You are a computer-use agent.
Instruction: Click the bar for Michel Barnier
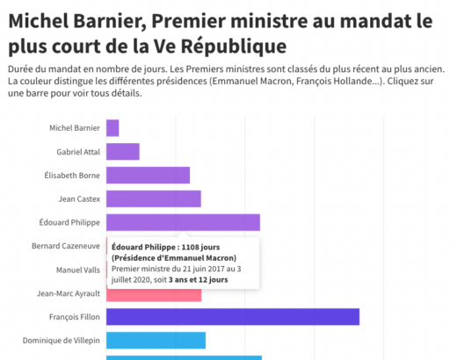[x=112, y=128]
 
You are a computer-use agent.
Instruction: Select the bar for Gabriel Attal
[x=123, y=152]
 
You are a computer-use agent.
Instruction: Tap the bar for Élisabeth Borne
[x=148, y=175]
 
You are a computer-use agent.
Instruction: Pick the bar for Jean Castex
[x=154, y=198]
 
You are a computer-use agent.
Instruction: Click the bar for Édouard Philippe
[x=183, y=222]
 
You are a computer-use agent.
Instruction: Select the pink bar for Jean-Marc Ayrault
[x=154, y=293]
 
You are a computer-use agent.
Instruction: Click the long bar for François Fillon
[x=233, y=317]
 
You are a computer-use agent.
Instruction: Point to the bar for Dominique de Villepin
[x=156, y=340]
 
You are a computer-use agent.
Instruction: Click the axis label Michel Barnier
[x=75, y=128]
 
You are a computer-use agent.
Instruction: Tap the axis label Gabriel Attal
[x=76, y=152]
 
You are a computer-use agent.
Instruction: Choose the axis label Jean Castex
[x=79, y=198]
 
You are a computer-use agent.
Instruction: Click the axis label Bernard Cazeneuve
[x=66, y=246]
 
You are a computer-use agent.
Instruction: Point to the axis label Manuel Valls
[x=78, y=270]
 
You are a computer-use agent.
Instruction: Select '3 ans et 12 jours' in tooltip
[x=199, y=279]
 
